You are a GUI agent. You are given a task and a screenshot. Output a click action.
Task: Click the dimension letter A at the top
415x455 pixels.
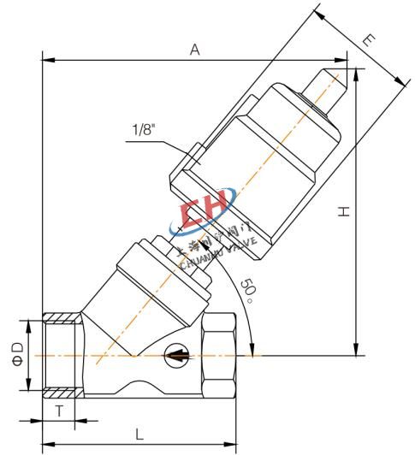click(195, 50)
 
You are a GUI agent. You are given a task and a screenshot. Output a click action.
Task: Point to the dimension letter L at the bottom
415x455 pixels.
click(139, 434)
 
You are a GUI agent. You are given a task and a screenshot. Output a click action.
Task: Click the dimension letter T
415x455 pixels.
click(59, 411)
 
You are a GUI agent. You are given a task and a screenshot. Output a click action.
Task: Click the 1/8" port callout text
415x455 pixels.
click(144, 130)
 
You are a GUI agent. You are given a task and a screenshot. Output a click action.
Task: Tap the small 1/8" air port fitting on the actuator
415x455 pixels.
click(193, 157)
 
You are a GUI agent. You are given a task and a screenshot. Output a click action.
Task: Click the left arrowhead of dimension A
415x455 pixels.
click(47, 61)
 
